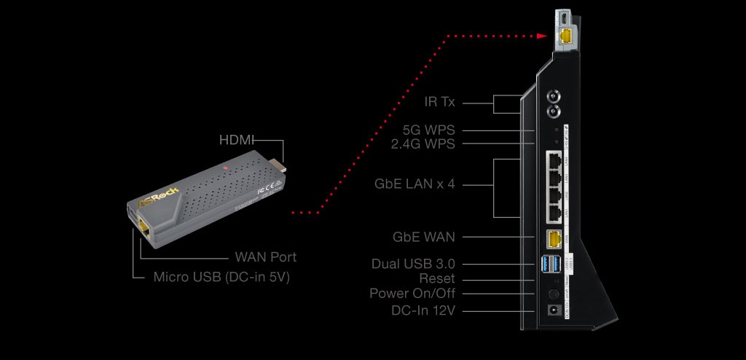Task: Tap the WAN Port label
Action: coord(265,257)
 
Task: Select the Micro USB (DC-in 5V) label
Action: coord(221,278)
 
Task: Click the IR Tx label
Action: coord(439,102)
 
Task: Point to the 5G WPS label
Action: coord(428,130)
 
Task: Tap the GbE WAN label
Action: coord(423,237)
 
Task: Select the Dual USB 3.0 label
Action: coord(413,264)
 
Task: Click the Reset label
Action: coord(437,278)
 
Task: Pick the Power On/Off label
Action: coord(412,294)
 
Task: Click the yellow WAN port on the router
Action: coord(554,238)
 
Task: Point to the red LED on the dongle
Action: coord(227,170)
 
